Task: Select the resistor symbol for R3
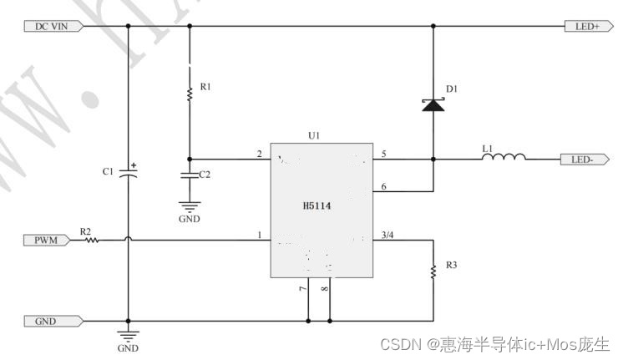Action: (x=433, y=271)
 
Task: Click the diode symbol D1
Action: (x=433, y=104)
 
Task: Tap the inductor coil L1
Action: (x=505, y=157)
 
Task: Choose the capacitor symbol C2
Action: (x=190, y=175)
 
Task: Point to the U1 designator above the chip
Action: (x=314, y=134)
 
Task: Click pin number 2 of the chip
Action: (x=259, y=153)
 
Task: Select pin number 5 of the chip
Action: (x=383, y=153)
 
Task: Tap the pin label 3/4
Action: (x=387, y=235)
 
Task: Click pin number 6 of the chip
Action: (x=383, y=186)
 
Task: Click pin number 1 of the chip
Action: (x=259, y=236)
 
